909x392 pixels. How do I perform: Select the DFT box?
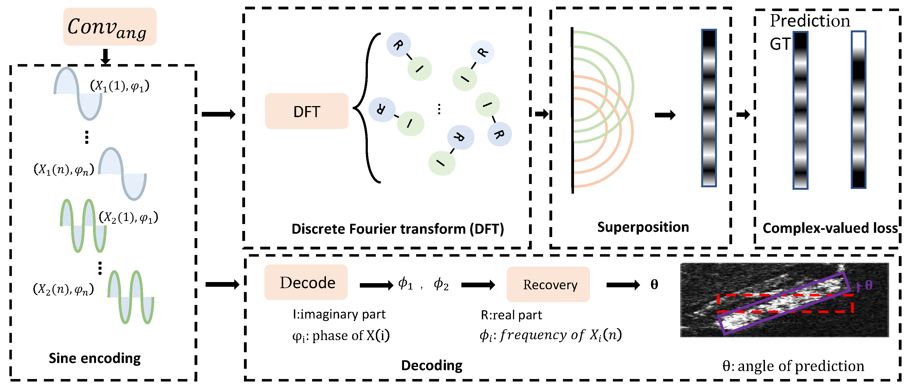[x=307, y=111]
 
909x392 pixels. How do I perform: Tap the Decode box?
[x=306, y=283]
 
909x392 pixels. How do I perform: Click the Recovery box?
[x=548, y=285]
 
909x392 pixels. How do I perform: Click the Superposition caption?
[x=643, y=227]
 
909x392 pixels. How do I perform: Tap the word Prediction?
[x=810, y=20]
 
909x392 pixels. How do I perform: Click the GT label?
[x=780, y=44]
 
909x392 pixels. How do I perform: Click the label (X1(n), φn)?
[x=64, y=170]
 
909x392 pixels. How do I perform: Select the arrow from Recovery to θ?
[x=623, y=285]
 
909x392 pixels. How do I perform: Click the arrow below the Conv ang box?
[x=105, y=57]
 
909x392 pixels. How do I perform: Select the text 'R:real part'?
[x=511, y=315]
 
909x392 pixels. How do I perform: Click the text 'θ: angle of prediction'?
[x=793, y=366]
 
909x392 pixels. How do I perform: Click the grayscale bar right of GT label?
[x=800, y=110]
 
